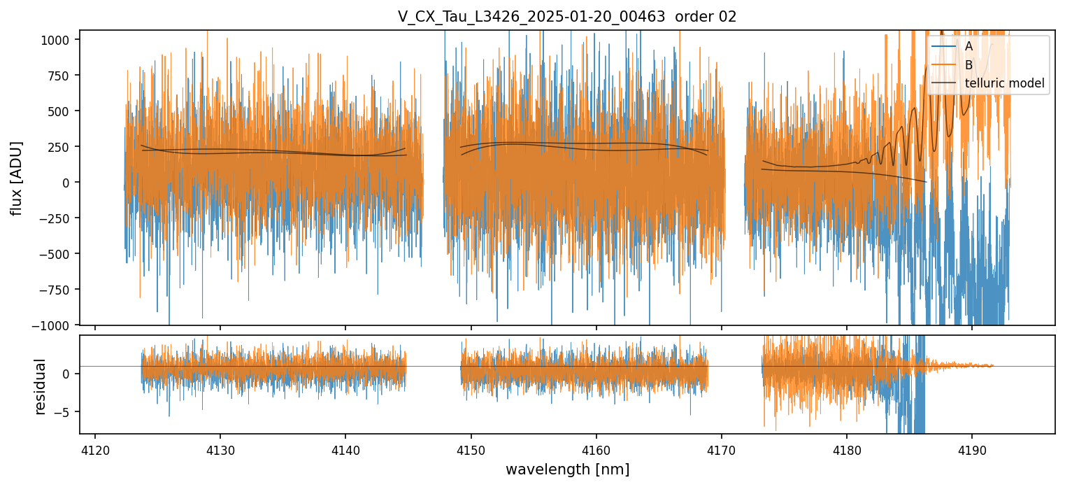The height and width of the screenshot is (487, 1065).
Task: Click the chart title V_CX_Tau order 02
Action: tap(567, 17)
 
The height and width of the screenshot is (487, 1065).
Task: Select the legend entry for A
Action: tap(968, 46)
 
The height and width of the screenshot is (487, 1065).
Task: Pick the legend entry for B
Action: tap(968, 65)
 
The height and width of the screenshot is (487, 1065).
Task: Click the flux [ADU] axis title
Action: tap(16, 178)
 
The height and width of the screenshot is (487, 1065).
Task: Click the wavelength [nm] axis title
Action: tap(567, 469)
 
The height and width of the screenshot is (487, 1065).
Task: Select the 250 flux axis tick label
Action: tap(61, 147)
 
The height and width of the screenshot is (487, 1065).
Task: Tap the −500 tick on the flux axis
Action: tap(56, 254)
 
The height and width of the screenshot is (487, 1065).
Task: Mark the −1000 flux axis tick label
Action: tap(53, 325)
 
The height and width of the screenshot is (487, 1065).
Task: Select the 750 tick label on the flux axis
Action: tap(61, 76)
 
